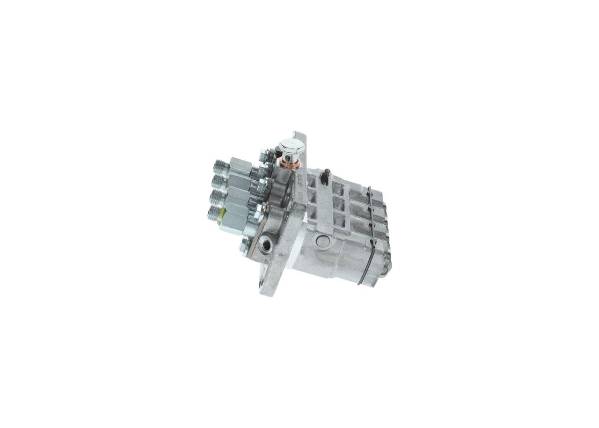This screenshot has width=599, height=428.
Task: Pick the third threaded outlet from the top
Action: (x=217, y=197)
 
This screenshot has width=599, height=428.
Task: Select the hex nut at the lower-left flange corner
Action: (x=245, y=244)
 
